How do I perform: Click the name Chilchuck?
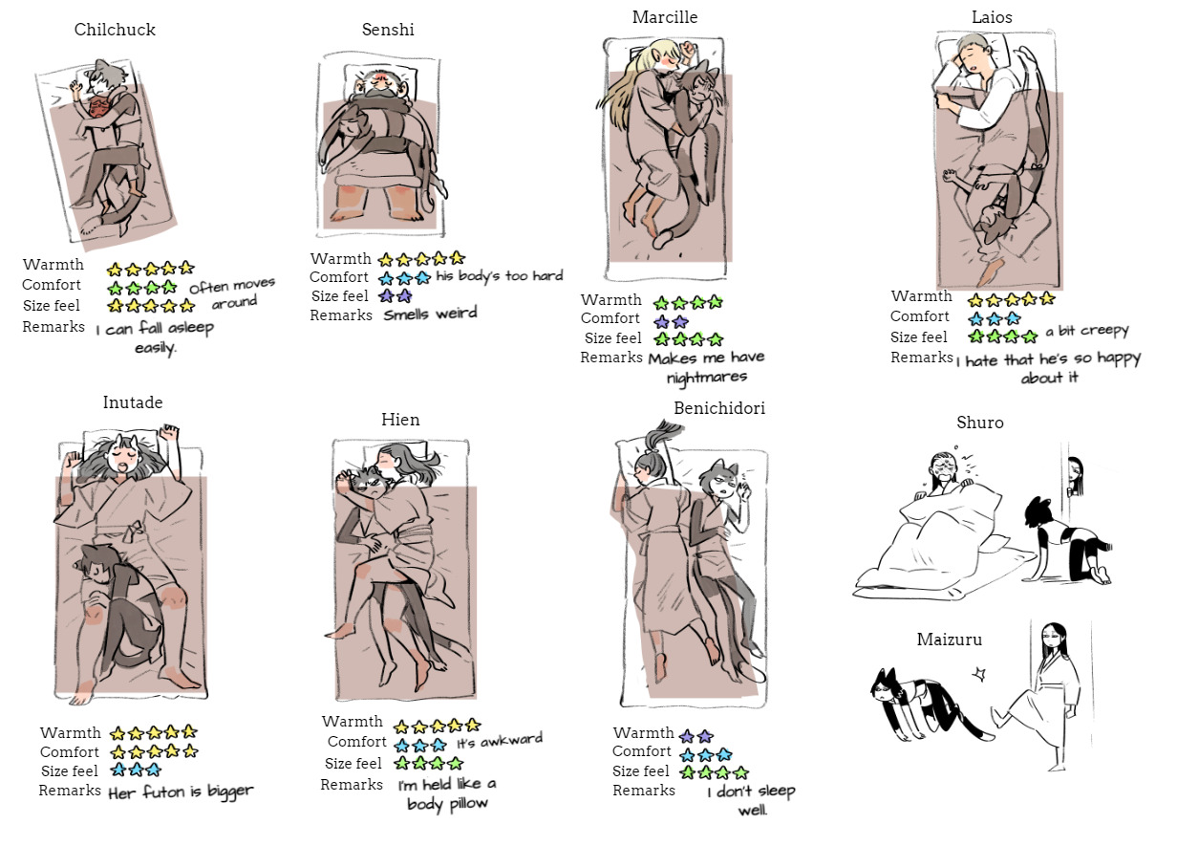(x=115, y=30)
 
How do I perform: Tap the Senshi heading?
(x=388, y=30)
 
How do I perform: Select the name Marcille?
(x=665, y=17)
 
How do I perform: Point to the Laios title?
(x=992, y=17)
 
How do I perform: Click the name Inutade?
(x=133, y=402)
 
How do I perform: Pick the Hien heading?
(x=400, y=420)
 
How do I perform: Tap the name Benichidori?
(x=719, y=408)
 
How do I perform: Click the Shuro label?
(x=980, y=423)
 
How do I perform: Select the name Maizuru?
(x=950, y=640)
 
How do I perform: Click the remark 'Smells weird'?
(x=430, y=314)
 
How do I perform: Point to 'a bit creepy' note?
(x=1086, y=331)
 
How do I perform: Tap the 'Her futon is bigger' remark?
(x=181, y=792)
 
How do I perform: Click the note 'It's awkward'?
(x=499, y=741)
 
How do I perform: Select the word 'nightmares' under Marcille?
(x=707, y=377)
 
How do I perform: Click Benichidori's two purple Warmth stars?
(x=696, y=735)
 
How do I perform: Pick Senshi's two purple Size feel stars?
(x=396, y=295)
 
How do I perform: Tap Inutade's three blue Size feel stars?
(x=136, y=770)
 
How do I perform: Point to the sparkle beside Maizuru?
(x=979, y=674)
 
